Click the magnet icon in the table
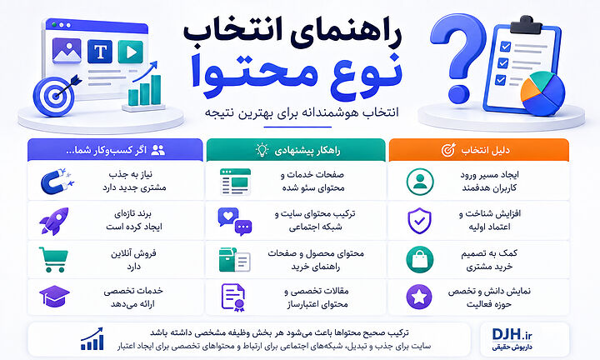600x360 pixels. click(x=57, y=181)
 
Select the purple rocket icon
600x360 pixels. click(x=54, y=221)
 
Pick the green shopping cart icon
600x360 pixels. click(x=53, y=259)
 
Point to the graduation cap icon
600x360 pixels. click(x=54, y=296)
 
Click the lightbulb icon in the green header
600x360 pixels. click(x=262, y=150)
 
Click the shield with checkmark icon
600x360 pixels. click(x=419, y=221)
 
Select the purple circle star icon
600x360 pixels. click(x=419, y=297)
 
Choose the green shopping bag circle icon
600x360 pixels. click(x=420, y=259)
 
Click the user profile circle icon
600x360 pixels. click(x=420, y=182)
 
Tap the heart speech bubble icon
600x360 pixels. click(x=234, y=221)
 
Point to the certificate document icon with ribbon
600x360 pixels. click(x=233, y=297)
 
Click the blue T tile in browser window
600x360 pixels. click(x=100, y=52)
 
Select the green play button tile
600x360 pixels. click(x=131, y=52)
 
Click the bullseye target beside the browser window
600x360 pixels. click(x=54, y=97)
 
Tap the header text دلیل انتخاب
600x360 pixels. click(x=485, y=150)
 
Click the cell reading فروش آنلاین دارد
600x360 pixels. click(x=133, y=260)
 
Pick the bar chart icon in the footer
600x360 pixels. click(x=92, y=339)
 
